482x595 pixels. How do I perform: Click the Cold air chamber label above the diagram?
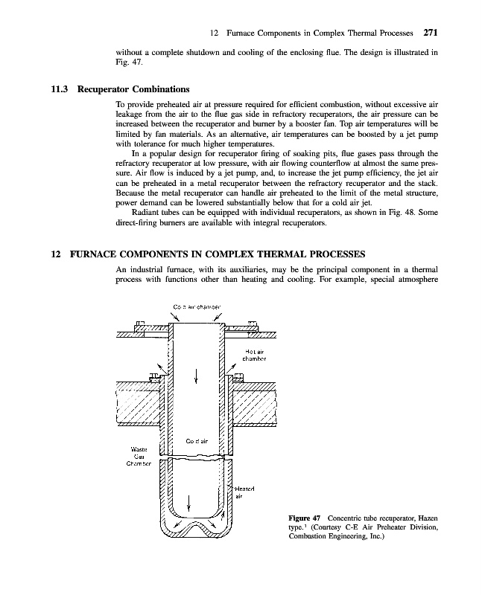[x=196, y=306]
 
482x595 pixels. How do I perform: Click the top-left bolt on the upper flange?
[x=140, y=324]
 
